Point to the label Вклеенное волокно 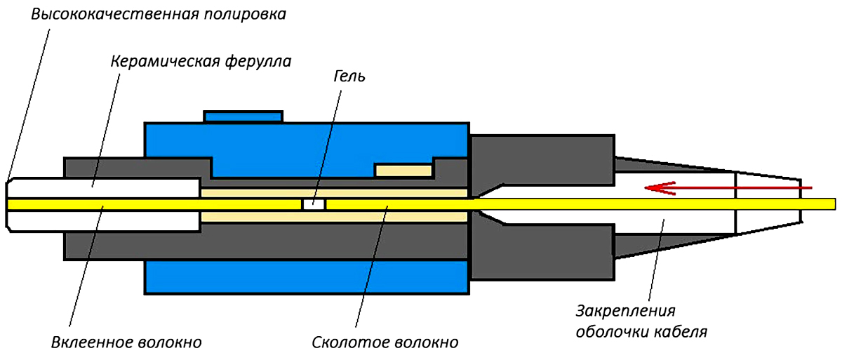tap(127, 342)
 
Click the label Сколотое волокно tap(385, 342)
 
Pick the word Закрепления tap(629, 310)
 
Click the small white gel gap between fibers tap(313, 204)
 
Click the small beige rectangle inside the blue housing tap(403, 171)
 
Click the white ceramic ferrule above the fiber tap(105, 187)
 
